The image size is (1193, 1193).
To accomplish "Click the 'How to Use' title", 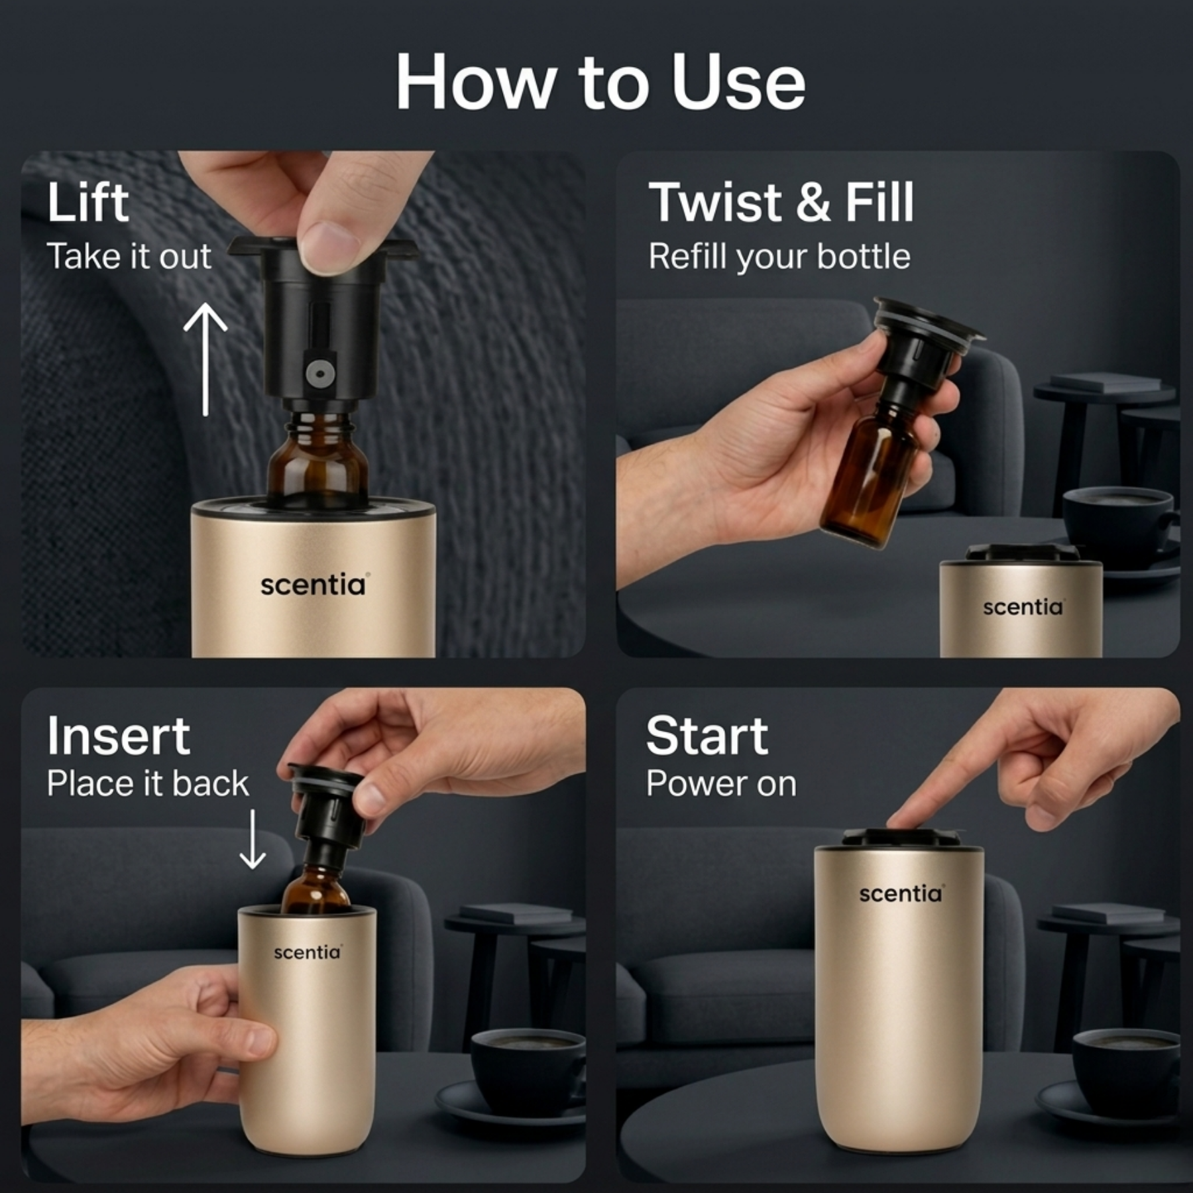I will click(x=600, y=82).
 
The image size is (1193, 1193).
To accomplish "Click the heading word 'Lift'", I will click(x=87, y=203).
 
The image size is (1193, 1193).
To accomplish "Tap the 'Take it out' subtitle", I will click(x=129, y=256).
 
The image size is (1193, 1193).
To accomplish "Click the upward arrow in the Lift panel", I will click(x=205, y=358).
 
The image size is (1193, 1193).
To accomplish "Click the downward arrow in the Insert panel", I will click(x=253, y=838).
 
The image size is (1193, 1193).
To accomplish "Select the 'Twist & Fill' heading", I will click(x=781, y=203).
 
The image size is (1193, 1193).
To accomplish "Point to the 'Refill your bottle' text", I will click(x=779, y=256).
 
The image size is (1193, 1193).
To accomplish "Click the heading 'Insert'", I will click(x=118, y=736).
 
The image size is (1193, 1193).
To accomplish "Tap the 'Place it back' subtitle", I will click(x=147, y=784).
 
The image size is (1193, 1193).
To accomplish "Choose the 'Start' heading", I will click(x=707, y=736).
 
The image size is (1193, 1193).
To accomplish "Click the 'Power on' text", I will click(x=721, y=784).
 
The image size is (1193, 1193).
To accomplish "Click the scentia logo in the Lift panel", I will click(x=313, y=585).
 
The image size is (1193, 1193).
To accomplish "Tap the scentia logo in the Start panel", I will click(x=900, y=894).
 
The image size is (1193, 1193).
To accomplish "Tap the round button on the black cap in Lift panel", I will click(x=319, y=373).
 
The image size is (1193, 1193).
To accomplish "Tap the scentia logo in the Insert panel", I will click(x=307, y=952).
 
